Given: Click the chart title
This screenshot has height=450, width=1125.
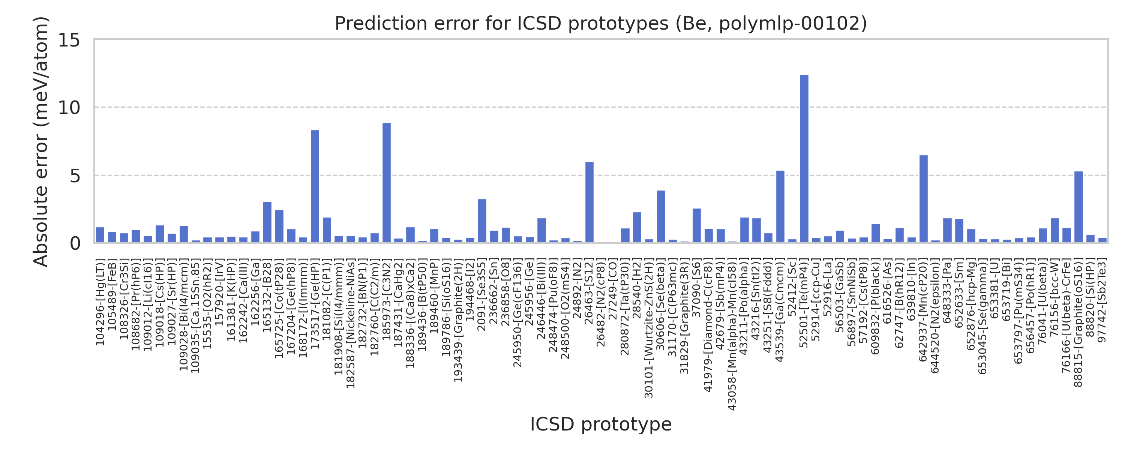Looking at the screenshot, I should tap(600, 23).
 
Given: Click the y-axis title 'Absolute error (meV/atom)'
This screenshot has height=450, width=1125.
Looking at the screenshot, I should tap(40, 141).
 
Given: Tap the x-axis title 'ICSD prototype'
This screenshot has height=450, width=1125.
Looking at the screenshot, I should tap(600, 424).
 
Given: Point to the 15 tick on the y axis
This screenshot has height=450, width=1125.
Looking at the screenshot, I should tap(69, 40).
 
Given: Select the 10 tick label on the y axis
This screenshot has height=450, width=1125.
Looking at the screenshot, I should tap(69, 108).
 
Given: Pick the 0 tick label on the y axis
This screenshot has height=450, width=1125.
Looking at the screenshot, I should tap(75, 244).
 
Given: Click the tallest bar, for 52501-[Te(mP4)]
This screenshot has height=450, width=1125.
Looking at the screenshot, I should tap(804, 159).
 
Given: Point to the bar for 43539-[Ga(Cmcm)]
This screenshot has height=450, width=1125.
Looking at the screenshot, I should tap(780, 207).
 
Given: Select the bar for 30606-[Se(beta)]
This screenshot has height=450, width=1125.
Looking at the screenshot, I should tap(661, 217).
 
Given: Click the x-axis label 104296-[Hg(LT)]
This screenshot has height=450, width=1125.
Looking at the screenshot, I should tap(100, 303).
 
